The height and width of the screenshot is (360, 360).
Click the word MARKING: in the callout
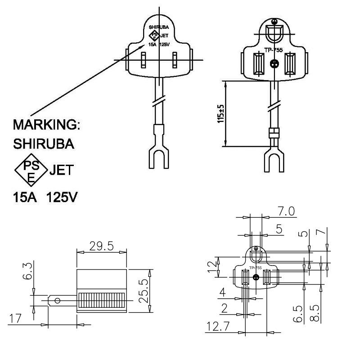point(47,125)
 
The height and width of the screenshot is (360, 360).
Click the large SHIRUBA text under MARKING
point(44,144)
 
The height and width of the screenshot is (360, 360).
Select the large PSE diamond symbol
point(31,170)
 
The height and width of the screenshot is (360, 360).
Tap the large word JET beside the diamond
point(62,170)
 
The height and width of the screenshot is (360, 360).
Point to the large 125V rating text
point(62,197)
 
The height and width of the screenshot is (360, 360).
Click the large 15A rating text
point(25,197)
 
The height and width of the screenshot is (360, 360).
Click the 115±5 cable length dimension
point(220,114)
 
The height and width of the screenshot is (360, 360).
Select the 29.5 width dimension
point(102,246)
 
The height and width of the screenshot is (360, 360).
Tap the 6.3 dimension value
point(28,271)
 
